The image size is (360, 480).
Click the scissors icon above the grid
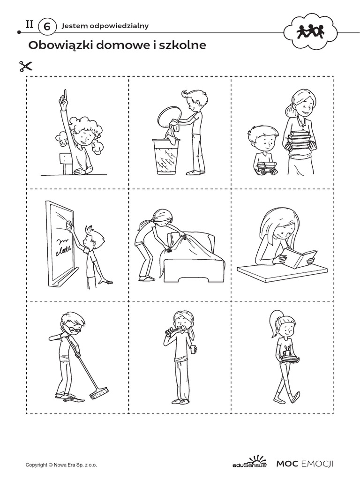coord(26,67)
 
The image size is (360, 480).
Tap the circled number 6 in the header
coord(47,27)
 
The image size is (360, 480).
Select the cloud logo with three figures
coord(310,31)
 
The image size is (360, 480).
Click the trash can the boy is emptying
coord(166,157)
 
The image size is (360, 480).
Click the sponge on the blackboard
coord(69,225)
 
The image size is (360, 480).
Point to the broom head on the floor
coord(98,394)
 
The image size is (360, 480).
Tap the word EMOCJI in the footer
coord(317,464)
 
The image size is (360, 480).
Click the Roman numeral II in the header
coord(30,24)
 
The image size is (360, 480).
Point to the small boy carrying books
coord(264,150)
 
